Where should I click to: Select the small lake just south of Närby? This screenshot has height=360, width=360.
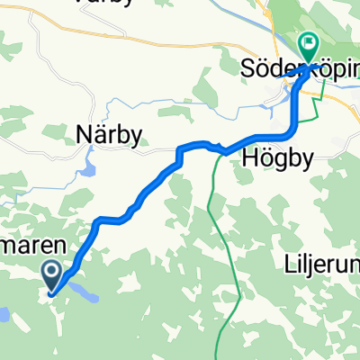pyautogui.click(x=87, y=167)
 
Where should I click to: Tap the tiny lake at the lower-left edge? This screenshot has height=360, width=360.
pyautogui.click(x=3, y=314)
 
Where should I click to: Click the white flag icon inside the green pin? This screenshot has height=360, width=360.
pyautogui.click(x=309, y=40)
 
